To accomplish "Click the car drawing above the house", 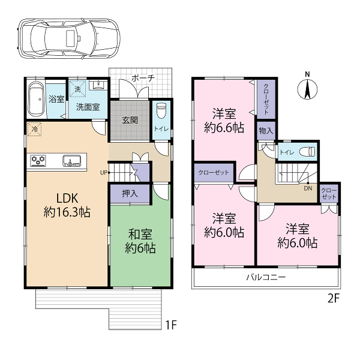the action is point(68,38).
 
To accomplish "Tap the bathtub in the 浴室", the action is point(36,100).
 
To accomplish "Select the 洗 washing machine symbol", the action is point(77,89).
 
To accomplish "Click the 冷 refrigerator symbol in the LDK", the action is point(34,129).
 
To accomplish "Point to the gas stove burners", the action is point(38,160).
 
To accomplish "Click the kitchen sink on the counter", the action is point(71,160).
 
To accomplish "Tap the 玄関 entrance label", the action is point(130,120).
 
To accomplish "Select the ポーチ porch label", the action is point(143,78).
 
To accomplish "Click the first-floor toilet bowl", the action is point(161,110).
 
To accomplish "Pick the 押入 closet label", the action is point(130,194).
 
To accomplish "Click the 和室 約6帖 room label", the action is point(140,241).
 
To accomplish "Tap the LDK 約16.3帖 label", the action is point(67,205).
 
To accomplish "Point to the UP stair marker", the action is point(104,172).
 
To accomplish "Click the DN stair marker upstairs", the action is point(308,188).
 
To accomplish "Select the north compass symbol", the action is point(307,87).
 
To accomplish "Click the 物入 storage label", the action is point(266,131).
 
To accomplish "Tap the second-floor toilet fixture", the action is point(307,152).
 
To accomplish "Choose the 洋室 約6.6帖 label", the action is point(224,121).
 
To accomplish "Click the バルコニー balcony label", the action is point(266,277).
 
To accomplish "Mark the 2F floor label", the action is point(333,299).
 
